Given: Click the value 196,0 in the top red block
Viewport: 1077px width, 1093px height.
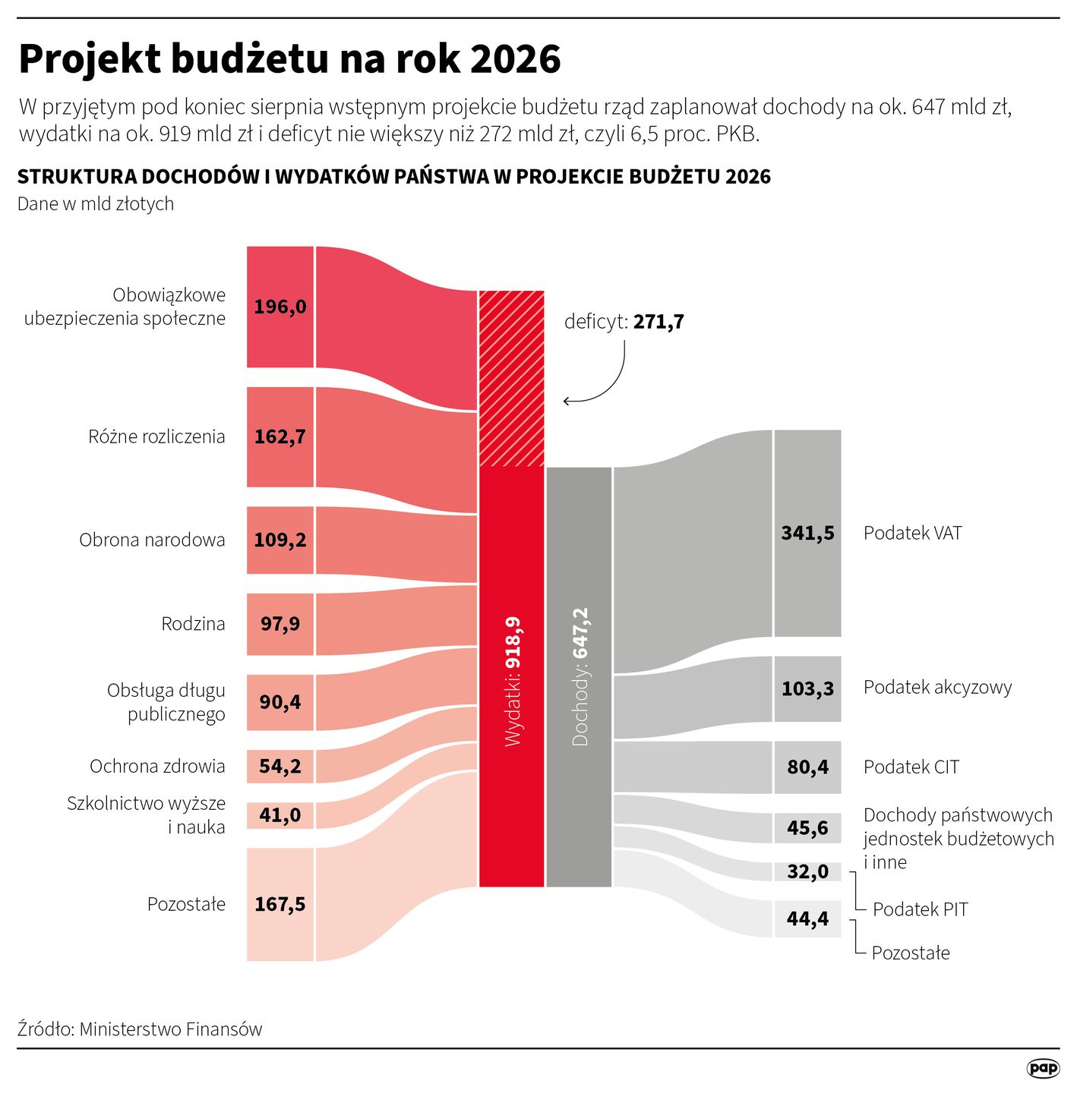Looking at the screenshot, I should point(280,307).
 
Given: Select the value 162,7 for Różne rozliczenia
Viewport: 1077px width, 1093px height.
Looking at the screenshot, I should point(280,436).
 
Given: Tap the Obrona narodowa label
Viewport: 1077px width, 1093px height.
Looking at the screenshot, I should point(152,540).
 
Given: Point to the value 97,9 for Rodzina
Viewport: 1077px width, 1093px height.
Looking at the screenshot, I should point(280,624).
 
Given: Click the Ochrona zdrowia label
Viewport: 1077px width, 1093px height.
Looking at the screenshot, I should point(157,766).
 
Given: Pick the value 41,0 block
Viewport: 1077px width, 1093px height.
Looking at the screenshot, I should point(280,815).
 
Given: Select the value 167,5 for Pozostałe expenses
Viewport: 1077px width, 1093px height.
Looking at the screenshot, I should point(280,904).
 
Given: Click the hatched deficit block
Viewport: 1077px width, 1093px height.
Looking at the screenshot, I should point(511,378).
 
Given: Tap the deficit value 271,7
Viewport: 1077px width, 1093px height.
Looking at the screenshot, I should point(659,322).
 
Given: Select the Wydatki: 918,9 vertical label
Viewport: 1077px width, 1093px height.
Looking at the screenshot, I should point(513,681).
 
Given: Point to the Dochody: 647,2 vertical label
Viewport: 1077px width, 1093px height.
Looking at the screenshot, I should point(580,676).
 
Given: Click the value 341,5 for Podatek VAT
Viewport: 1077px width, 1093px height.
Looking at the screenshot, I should point(807,533).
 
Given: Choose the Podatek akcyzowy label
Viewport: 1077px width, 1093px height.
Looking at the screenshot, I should point(937,687).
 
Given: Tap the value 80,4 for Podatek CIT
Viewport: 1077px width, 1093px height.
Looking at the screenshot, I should point(807,767).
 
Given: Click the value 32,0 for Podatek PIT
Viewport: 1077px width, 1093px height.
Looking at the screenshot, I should point(807,871).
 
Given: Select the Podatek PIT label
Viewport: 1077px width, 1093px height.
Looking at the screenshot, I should point(920,909).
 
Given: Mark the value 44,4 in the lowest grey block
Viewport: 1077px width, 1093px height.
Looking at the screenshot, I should point(807,919).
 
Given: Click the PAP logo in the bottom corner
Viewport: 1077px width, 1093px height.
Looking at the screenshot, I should point(1043,1068).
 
